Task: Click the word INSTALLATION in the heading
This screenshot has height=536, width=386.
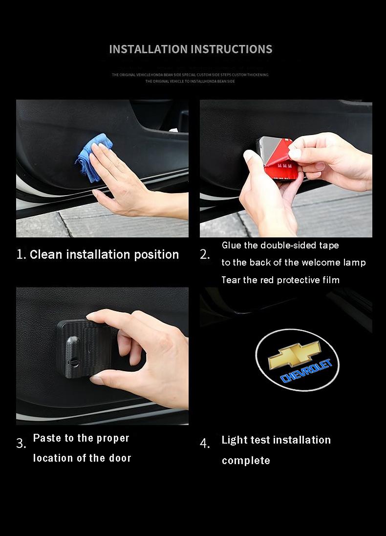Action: pyautogui.click(x=148, y=49)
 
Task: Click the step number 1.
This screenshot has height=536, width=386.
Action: pyautogui.click(x=21, y=255)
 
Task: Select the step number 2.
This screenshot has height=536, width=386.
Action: pyautogui.click(x=205, y=255)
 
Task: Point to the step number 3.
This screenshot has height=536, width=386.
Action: pyautogui.click(x=21, y=444)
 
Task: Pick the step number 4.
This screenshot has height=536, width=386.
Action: pyautogui.click(x=205, y=444)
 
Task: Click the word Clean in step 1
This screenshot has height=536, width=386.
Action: pyautogui.click(x=46, y=255)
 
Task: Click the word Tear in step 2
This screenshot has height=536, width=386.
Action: pyautogui.click(x=231, y=280)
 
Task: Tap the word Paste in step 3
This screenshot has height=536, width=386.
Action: pyautogui.click(x=47, y=438)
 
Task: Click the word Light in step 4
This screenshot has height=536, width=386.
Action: pyautogui.click(x=234, y=440)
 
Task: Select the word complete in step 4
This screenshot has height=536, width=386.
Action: pyautogui.click(x=246, y=461)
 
